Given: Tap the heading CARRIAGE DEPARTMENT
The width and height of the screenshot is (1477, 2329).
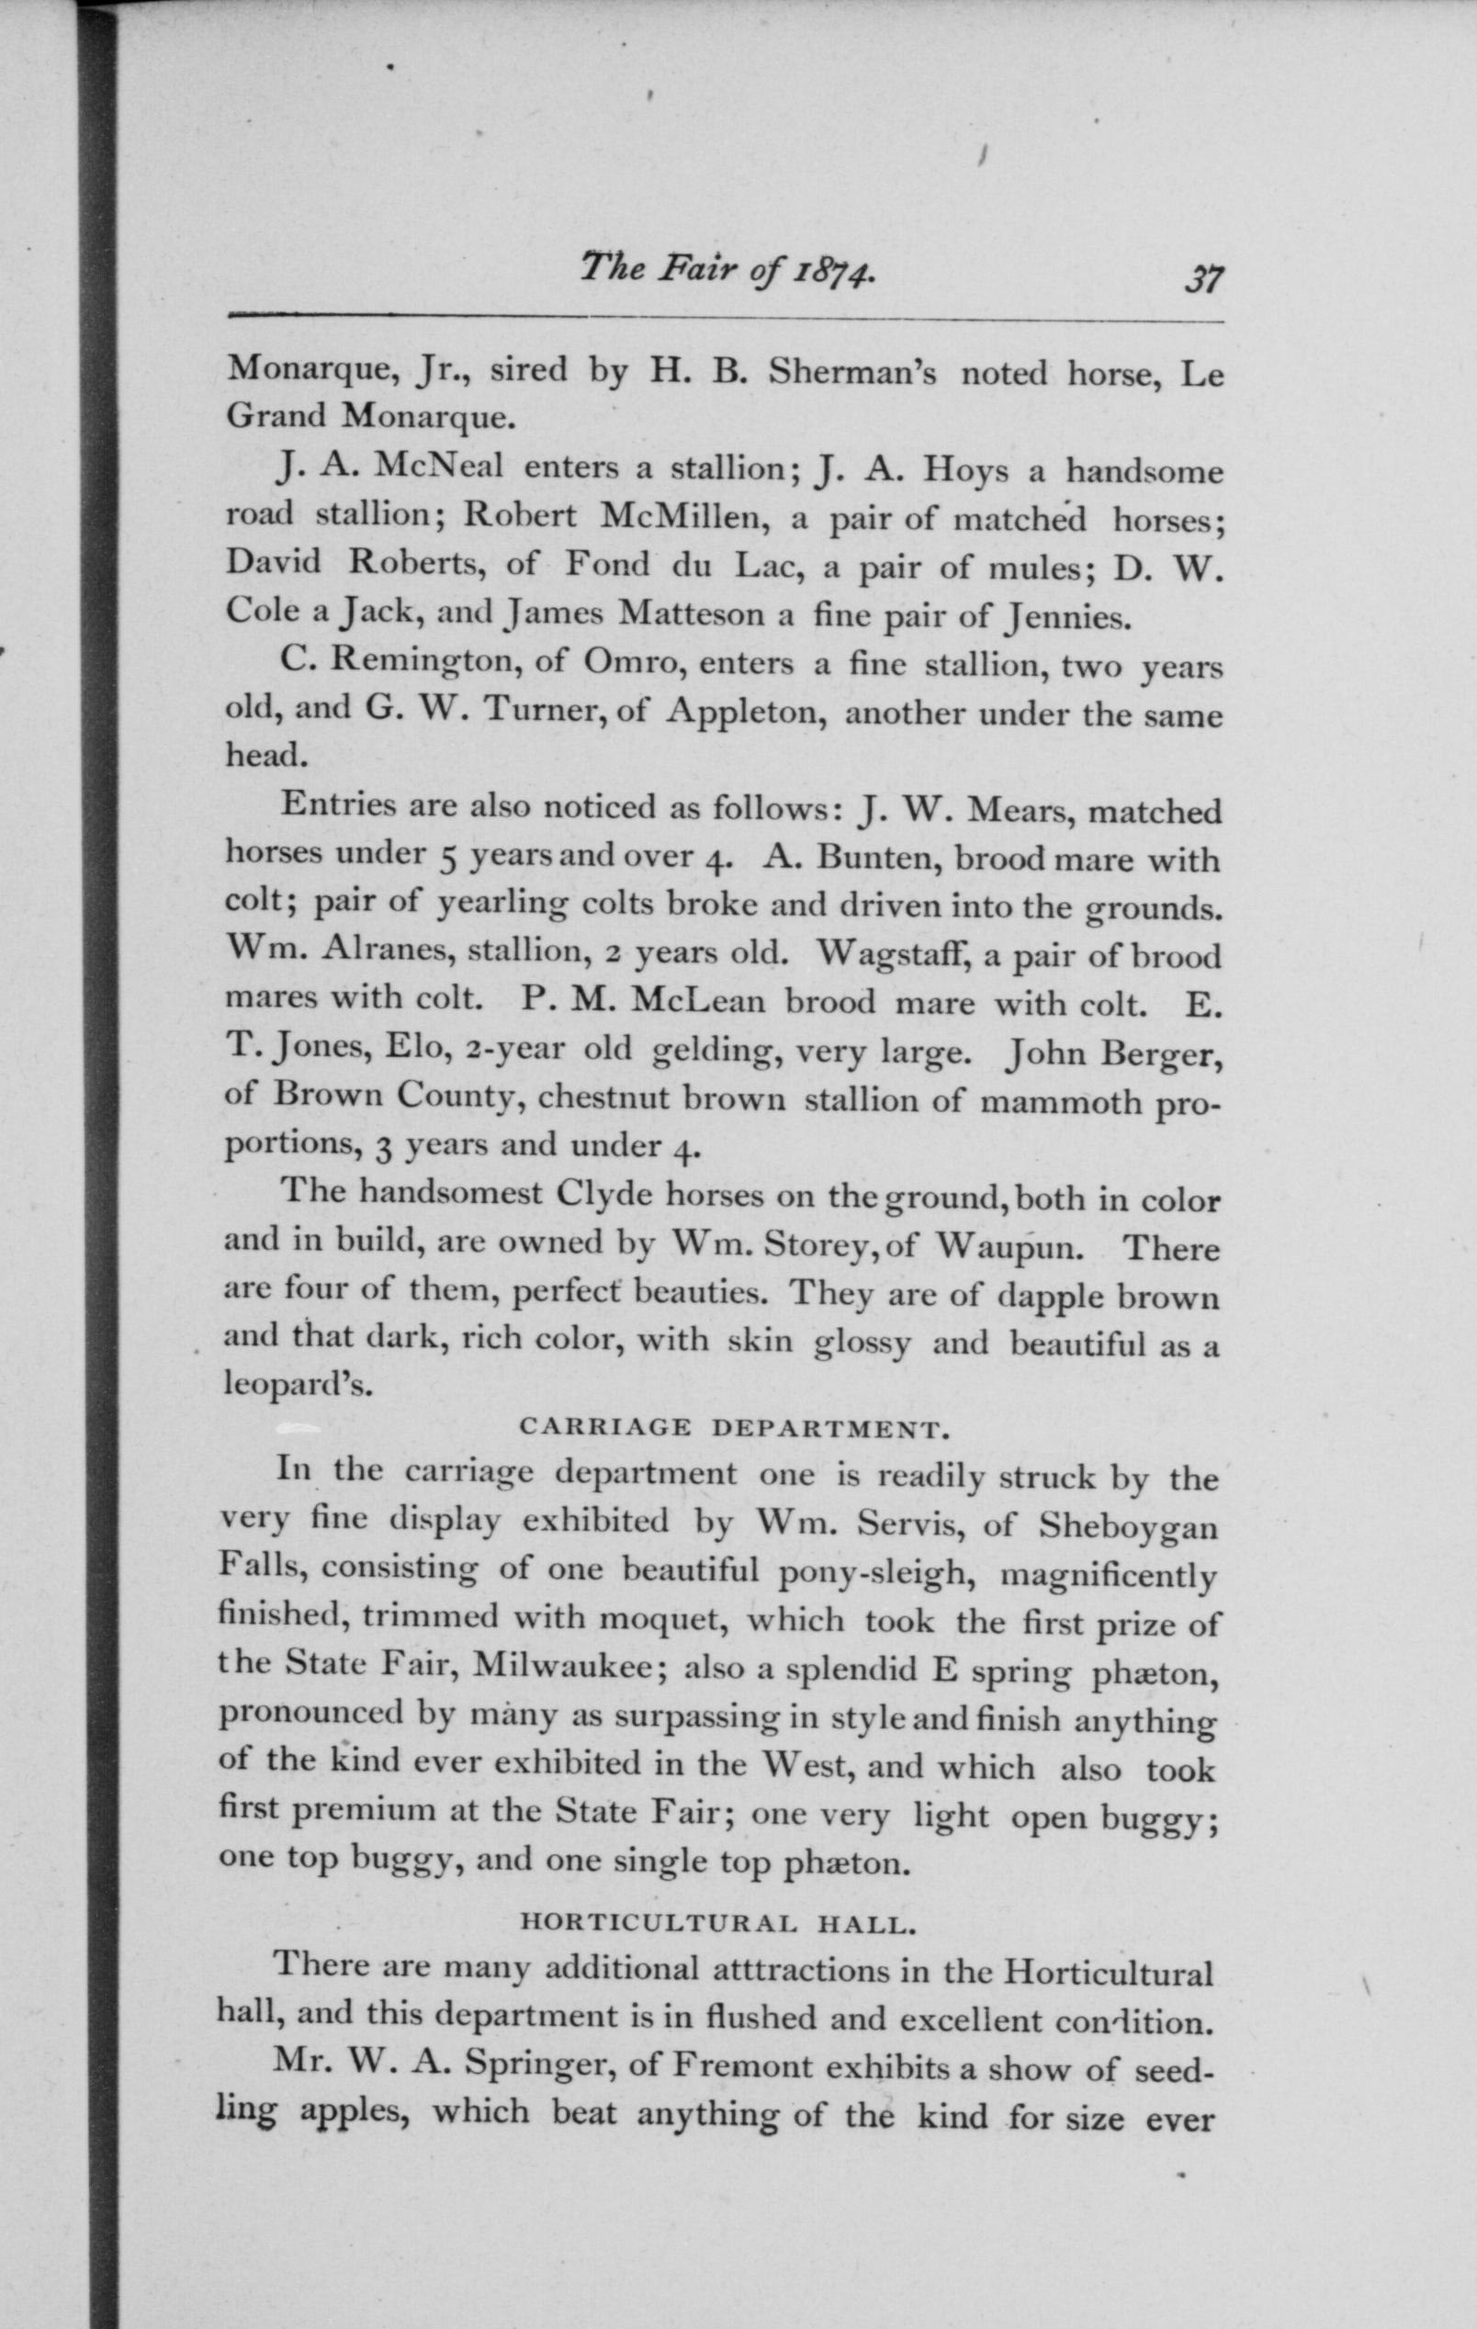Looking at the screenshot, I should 730,1427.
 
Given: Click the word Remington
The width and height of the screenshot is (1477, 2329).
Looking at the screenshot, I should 418,663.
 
